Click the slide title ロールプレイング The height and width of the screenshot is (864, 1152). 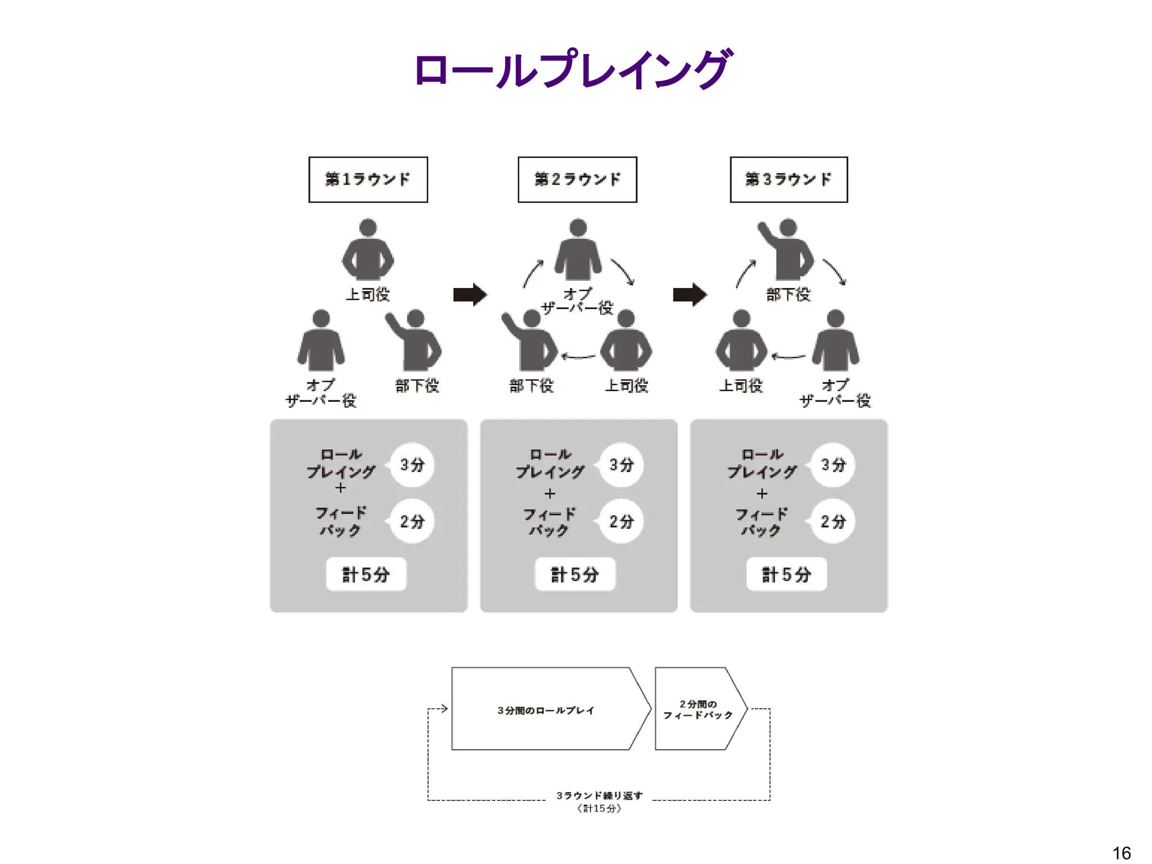click(x=573, y=70)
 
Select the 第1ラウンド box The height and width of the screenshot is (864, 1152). click(x=368, y=179)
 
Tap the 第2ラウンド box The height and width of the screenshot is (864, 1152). click(x=577, y=179)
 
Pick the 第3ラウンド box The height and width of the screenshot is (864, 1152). click(x=789, y=179)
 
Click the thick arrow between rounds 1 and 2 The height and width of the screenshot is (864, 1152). click(x=470, y=294)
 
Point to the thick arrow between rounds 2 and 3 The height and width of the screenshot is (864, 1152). click(x=690, y=294)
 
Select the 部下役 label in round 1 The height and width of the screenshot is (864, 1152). click(x=417, y=386)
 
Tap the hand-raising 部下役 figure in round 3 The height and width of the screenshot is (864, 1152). click(x=787, y=250)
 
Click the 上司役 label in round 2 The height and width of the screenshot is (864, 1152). click(x=626, y=386)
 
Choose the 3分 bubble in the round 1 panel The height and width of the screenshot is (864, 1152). click(x=412, y=465)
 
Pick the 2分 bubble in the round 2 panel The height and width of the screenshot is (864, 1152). click(x=621, y=521)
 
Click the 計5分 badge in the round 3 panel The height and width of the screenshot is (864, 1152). click(x=786, y=574)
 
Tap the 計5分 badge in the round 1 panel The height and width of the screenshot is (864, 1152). click(x=366, y=574)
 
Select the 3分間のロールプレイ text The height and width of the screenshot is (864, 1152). click(x=546, y=710)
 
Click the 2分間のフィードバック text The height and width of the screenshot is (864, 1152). click(x=697, y=709)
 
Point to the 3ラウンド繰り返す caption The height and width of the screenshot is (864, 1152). click(x=599, y=795)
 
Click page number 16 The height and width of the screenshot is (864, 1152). click(x=1122, y=853)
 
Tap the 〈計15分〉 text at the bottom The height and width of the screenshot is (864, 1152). click(x=599, y=808)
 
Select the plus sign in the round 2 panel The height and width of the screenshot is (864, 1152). click(x=550, y=494)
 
